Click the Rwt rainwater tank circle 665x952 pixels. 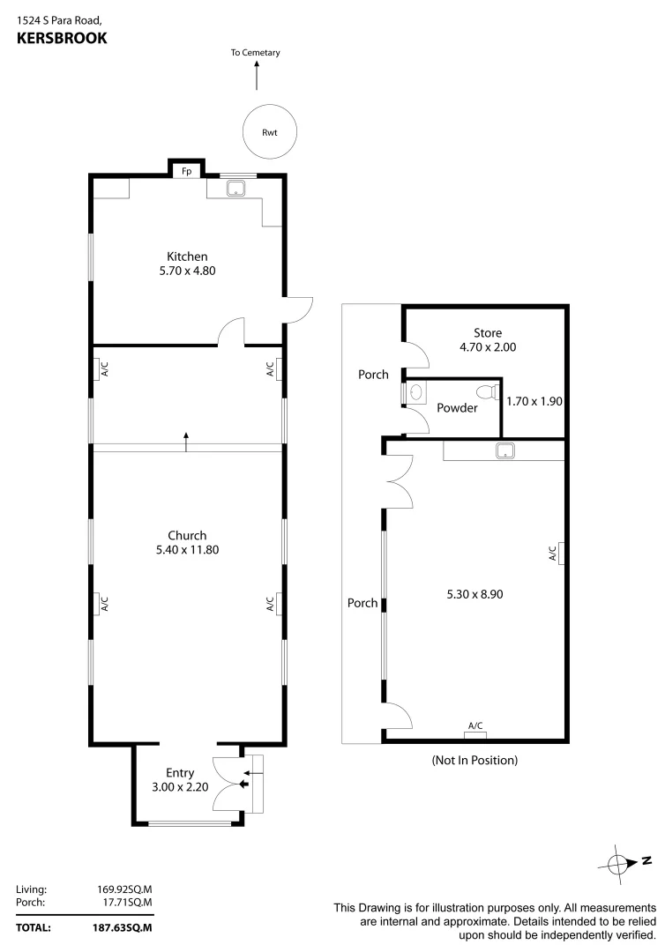pyautogui.click(x=270, y=133)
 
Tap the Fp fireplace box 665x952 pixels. pyautogui.click(x=186, y=170)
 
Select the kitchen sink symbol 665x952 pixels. pyautogui.click(x=235, y=188)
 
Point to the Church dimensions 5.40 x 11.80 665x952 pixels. pyautogui.click(x=187, y=550)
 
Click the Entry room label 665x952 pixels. pyautogui.click(x=180, y=773)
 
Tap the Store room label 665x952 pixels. pyautogui.click(x=487, y=333)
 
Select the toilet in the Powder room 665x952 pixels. pyautogui.click(x=486, y=391)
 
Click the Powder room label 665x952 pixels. pyautogui.click(x=457, y=408)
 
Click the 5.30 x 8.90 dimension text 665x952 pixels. pyautogui.click(x=474, y=594)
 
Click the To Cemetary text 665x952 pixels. pyautogui.click(x=256, y=53)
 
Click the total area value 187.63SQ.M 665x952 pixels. pyautogui.click(x=123, y=927)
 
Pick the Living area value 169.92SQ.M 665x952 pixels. pyautogui.click(x=123, y=889)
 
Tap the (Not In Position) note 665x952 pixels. pyautogui.click(x=474, y=760)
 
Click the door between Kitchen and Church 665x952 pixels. pyautogui.click(x=231, y=333)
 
